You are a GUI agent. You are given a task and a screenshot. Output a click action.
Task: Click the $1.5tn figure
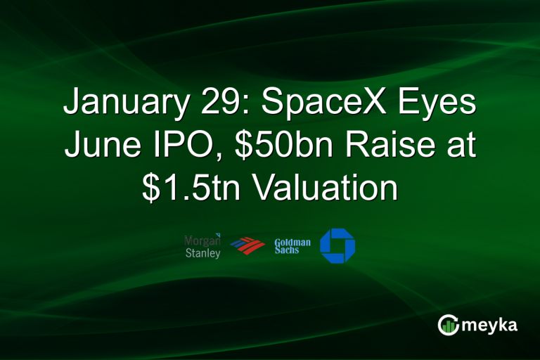(184, 188)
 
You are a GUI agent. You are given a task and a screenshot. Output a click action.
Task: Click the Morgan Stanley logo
(202, 245)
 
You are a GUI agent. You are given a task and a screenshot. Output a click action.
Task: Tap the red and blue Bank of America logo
(247, 247)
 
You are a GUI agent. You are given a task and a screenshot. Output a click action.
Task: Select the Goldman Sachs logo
(292, 246)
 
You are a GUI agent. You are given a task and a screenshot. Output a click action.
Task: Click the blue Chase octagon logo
(337, 246)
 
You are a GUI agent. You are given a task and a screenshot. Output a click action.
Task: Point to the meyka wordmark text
(492, 324)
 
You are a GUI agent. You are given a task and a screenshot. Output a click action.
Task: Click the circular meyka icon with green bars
(449, 324)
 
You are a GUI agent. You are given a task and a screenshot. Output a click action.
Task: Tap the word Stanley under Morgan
(202, 252)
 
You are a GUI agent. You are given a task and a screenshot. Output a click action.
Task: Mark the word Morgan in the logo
(201, 240)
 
